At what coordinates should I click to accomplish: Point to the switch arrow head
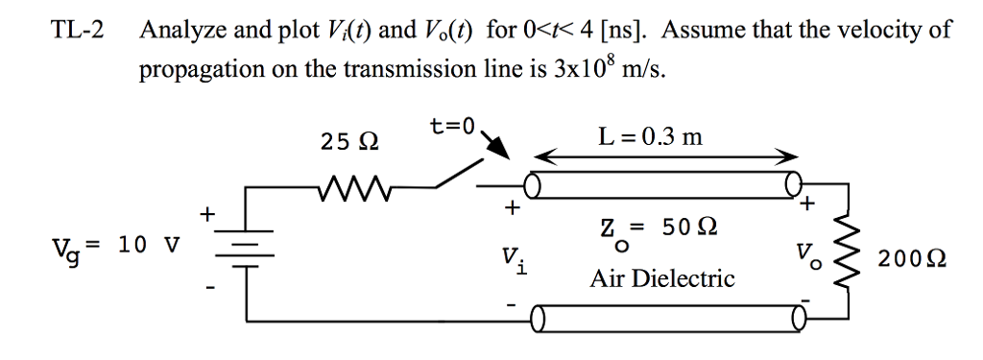tap(500, 151)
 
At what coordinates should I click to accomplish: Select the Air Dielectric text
tap(662, 279)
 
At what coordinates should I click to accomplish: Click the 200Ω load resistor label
tap(916, 258)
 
